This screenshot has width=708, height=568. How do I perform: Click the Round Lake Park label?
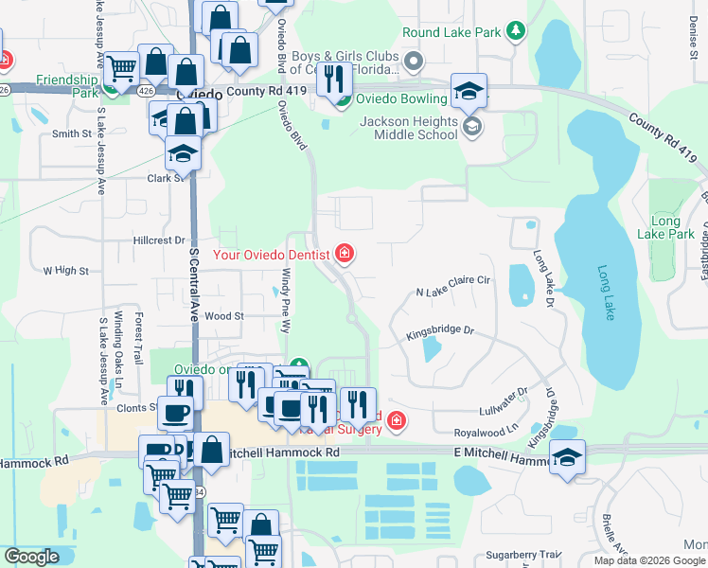tap(451, 32)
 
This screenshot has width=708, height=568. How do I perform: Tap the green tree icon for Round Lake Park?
tap(516, 32)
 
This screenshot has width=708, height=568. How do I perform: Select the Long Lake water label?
tap(607, 292)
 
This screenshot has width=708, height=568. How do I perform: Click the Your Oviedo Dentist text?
tap(271, 254)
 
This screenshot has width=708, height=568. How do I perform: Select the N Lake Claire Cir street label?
tap(453, 280)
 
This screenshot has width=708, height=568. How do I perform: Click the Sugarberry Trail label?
tap(524, 554)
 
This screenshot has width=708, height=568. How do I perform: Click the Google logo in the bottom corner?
tap(31, 557)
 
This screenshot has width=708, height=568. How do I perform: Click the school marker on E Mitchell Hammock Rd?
tap(567, 456)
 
